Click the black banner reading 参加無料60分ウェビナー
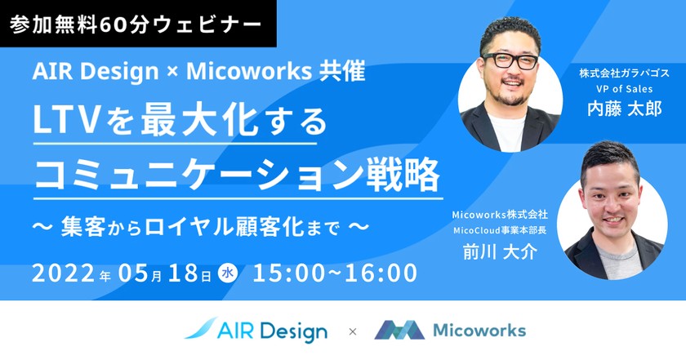[x=137, y=24]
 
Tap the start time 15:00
[x=290, y=273]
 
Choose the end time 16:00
[x=379, y=273]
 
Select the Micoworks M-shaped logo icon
[x=399, y=331]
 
